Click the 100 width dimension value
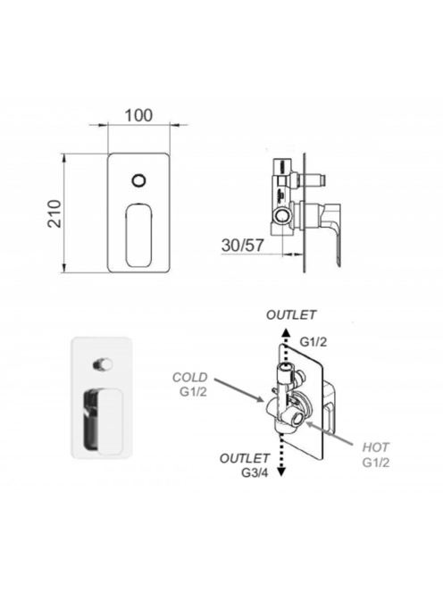pos(138,115)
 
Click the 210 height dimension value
pos(54,213)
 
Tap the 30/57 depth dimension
pos(242,246)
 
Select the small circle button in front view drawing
pos(139,180)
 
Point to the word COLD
pos(190,377)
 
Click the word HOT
pos(375,447)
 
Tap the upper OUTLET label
pos(291,314)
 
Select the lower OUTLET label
pos(245,458)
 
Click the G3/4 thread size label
pos(255,472)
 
